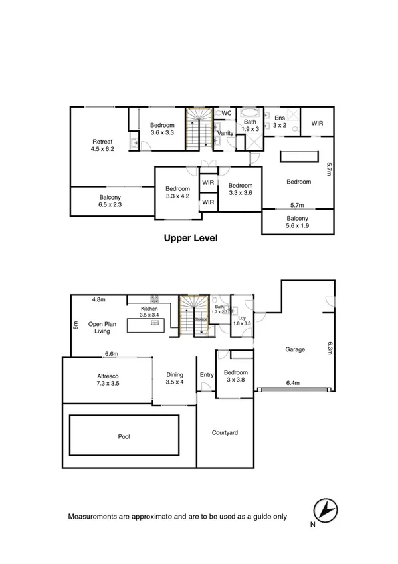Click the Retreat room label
pos(102,145)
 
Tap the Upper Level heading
pos(191,237)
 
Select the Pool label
pos(124,437)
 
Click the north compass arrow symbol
pos(325,509)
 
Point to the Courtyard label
pos(225,433)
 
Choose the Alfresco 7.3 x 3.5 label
pos(108,379)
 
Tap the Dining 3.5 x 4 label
pos(174,379)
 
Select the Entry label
pos(207,375)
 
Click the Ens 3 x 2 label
pos(278,121)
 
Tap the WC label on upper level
pos(225,113)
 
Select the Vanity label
pos(225,133)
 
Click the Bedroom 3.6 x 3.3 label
pos(161,129)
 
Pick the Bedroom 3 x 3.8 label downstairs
pos(235,376)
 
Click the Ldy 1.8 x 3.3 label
pos(243,321)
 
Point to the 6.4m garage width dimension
pos(293,383)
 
